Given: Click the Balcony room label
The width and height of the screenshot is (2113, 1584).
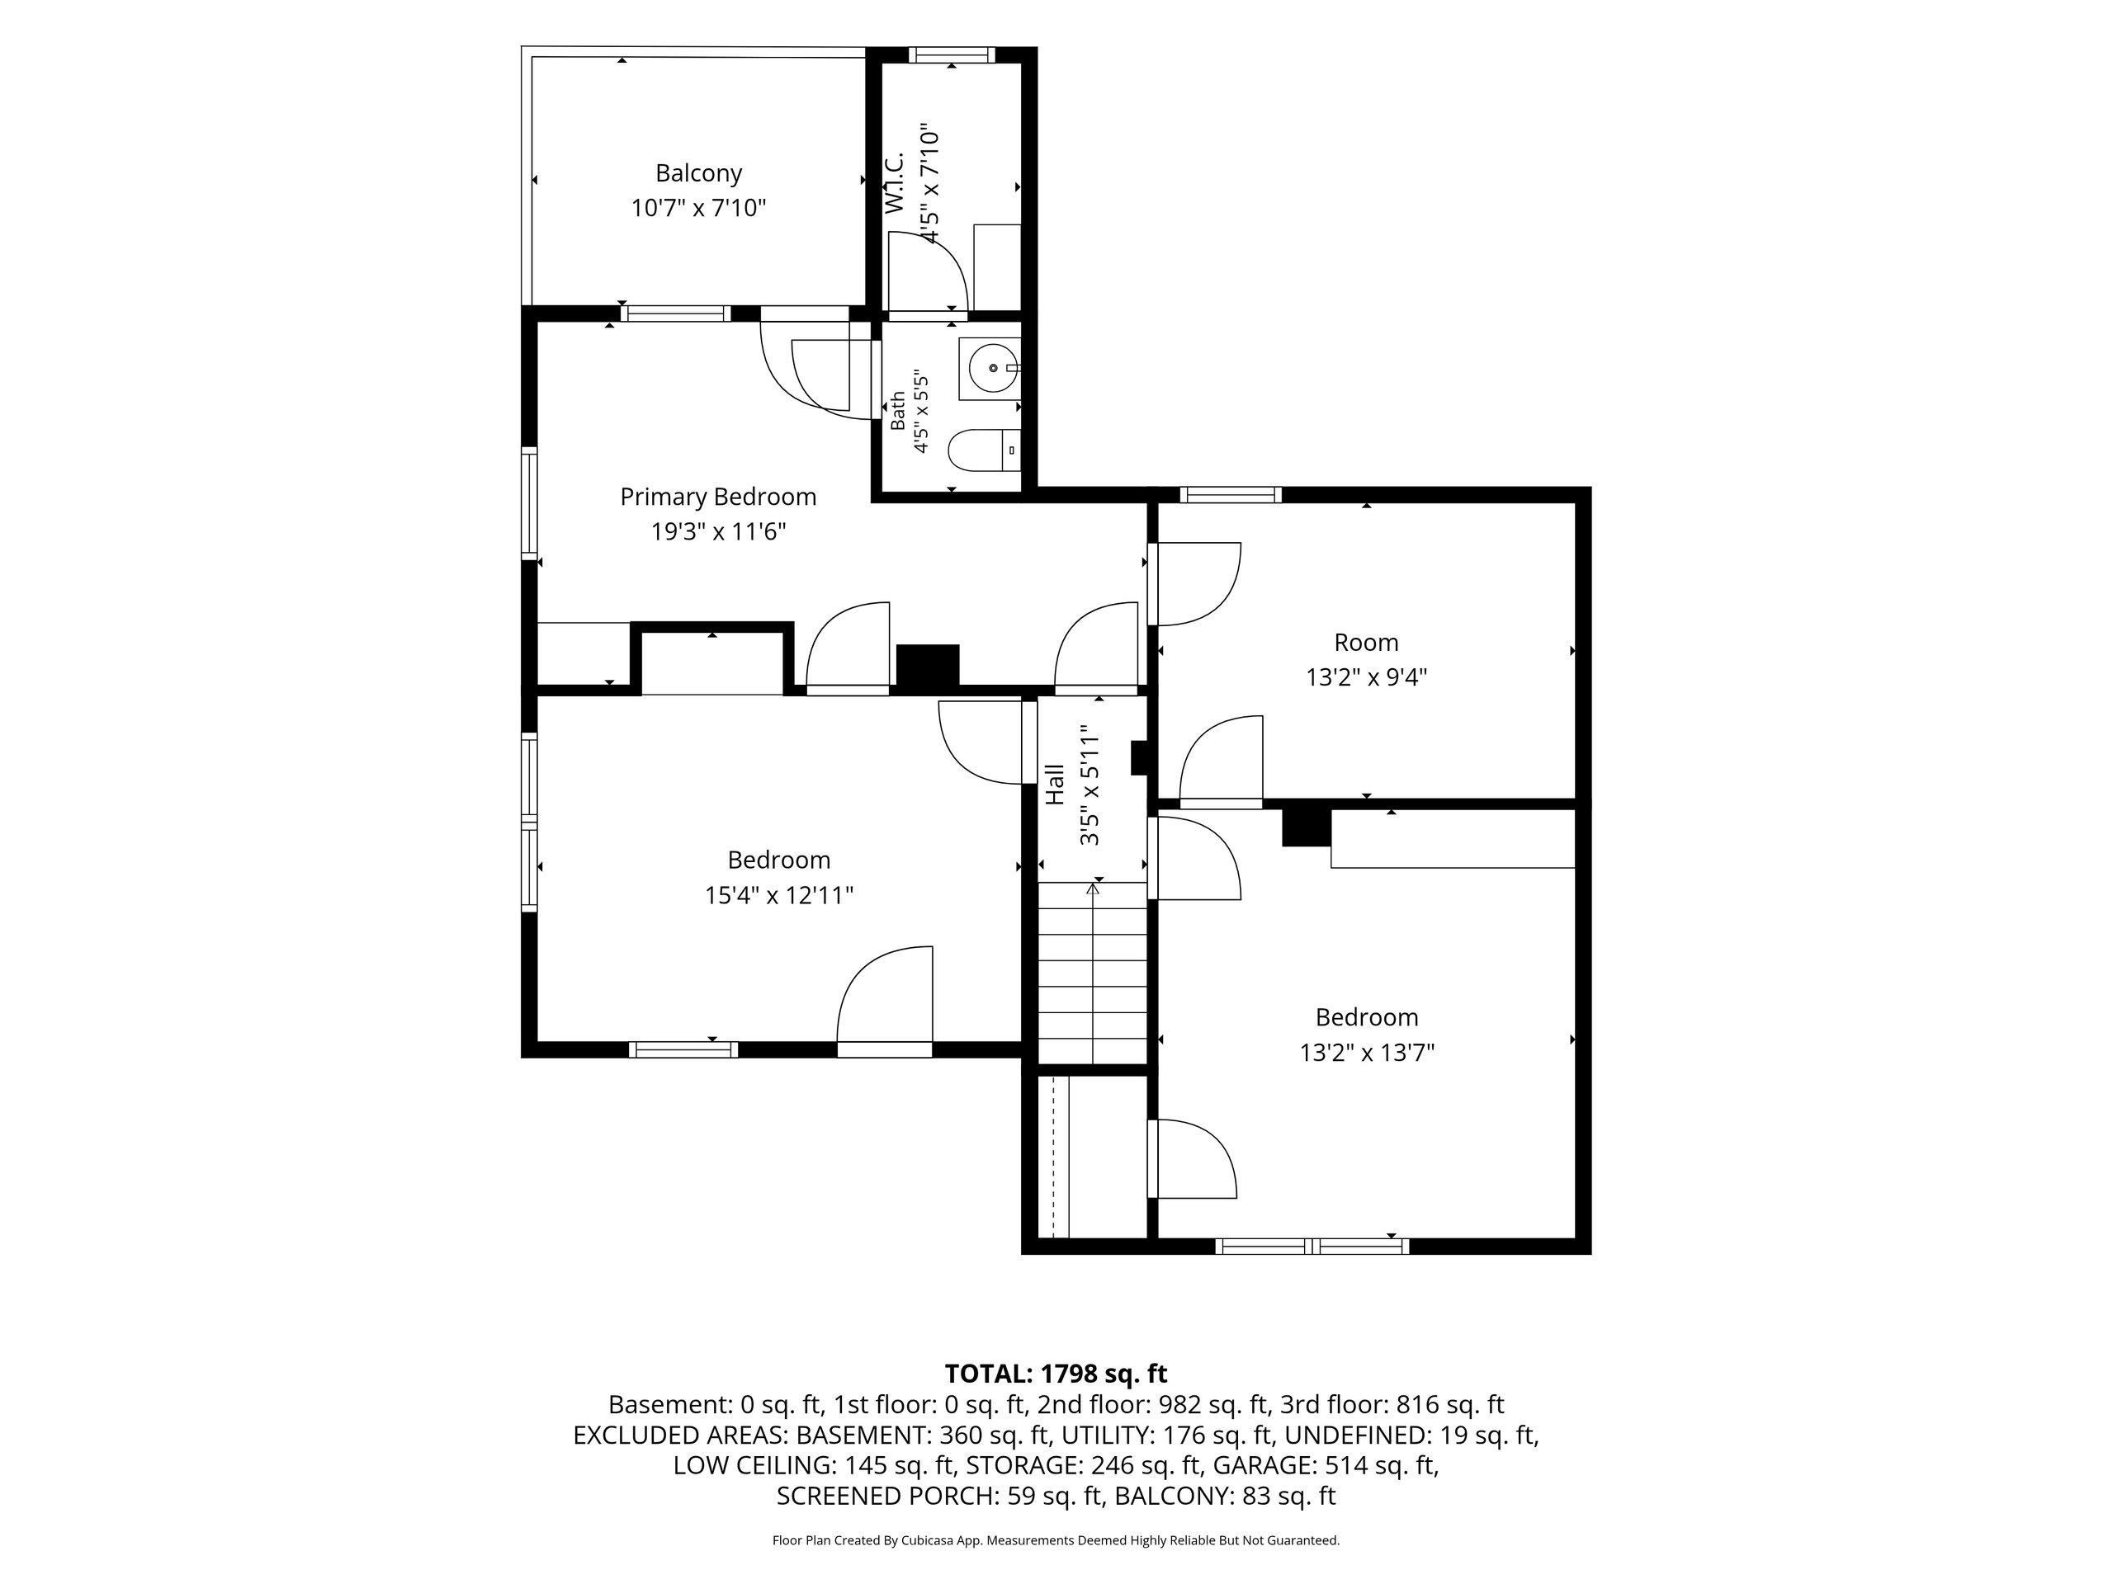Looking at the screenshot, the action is click(698, 172).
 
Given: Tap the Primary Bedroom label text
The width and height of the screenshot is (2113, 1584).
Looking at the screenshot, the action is click(718, 497).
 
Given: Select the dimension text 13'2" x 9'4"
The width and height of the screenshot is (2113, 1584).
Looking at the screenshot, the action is click(1367, 677).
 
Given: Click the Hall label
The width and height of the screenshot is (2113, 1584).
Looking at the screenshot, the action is click(1056, 784).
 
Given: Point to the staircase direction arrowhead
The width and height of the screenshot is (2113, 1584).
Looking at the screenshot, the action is click(1094, 889).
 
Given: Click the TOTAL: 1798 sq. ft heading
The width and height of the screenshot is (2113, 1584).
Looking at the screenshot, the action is click(1056, 1374).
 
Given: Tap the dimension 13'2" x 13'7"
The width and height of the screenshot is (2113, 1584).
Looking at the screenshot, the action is click(1367, 1052).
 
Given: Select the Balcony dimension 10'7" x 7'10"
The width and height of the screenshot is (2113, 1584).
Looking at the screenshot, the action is click(698, 207).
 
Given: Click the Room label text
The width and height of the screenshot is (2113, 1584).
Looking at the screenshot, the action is click(1367, 643).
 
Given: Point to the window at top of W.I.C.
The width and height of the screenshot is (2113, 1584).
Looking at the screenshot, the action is click(952, 55).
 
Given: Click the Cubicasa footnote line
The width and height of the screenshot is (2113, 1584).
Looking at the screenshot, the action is click(1056, 1540).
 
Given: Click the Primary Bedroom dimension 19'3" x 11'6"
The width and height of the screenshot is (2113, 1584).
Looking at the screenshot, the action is click(718, 532).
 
